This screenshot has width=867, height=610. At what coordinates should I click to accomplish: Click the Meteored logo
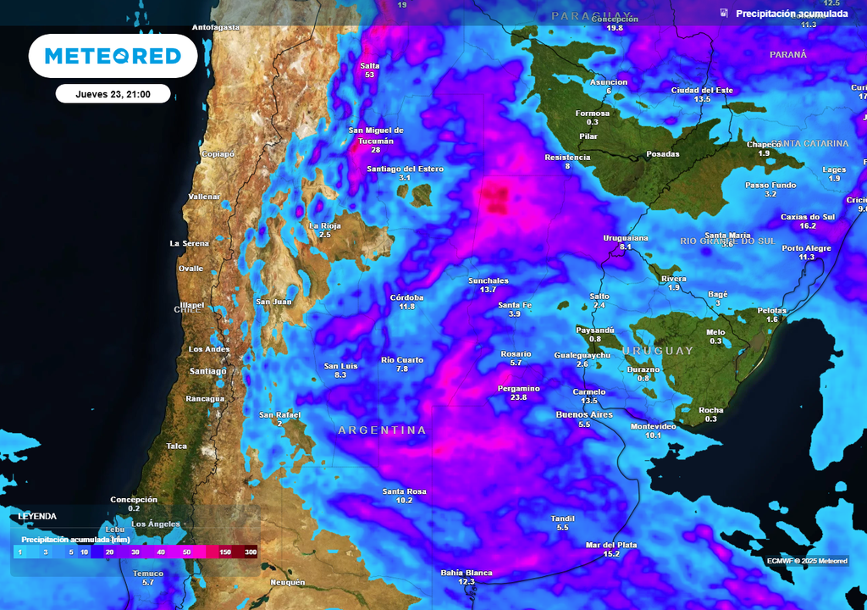click(113, 56)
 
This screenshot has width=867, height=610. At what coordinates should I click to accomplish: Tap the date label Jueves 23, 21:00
click(113, 94)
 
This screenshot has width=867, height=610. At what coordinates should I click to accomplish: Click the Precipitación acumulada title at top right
click(791, 14)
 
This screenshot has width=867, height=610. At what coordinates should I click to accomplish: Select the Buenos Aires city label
click(583, 414)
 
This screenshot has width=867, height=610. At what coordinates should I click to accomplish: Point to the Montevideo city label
click(653, 426)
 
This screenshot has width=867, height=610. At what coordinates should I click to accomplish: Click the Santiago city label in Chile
click(207, 371)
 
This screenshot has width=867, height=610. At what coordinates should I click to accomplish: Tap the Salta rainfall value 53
click(369, 75)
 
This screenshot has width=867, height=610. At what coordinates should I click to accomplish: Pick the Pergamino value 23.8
click(518, 397)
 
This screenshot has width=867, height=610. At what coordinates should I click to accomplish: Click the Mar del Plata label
click(610, 545)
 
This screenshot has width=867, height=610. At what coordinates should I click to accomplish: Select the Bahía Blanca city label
click(466, 573)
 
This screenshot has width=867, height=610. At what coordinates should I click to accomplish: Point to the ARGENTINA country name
click(382, 430)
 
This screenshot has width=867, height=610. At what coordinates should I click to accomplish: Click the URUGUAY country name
click(657, 351)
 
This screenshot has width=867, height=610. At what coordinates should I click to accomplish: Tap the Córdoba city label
click(406, 297)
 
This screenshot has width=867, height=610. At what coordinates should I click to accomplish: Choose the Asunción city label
click(609, 82)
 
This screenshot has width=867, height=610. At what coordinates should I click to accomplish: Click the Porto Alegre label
click(806, 248)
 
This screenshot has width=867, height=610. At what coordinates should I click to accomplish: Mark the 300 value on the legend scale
click(251, 552)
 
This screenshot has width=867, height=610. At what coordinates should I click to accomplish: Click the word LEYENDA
click(37, 516)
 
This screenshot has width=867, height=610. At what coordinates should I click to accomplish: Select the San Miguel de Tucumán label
click(376, 136)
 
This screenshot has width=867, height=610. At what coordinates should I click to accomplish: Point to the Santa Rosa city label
click(404, 491)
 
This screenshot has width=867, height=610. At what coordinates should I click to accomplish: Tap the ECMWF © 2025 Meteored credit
click(806, 561)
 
